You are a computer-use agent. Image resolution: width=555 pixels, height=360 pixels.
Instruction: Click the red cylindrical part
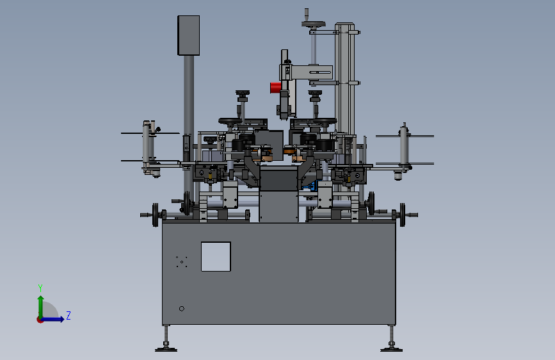click(x=276, y=88)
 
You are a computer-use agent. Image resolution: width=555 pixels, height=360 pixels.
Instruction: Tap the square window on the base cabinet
click(x=216, y=256)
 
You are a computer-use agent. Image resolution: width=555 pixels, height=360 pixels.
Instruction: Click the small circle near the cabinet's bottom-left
click(x=182, y=309)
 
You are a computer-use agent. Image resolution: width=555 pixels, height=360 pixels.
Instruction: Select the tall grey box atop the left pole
click(x=188, y=35)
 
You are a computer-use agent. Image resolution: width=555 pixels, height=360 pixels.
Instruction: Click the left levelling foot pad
click(x=166, y=349)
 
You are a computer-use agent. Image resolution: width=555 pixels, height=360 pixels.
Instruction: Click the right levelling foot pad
click(x=391, y=349)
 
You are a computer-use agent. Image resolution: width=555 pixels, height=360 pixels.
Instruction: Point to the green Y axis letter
click(x=40, y=288)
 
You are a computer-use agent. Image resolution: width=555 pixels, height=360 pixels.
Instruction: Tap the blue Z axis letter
click(x=68, y=315)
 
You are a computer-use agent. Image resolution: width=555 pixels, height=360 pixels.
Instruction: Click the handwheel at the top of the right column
click(x=314, y=24)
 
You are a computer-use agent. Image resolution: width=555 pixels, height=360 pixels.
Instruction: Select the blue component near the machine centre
click(x=312, y=186)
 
